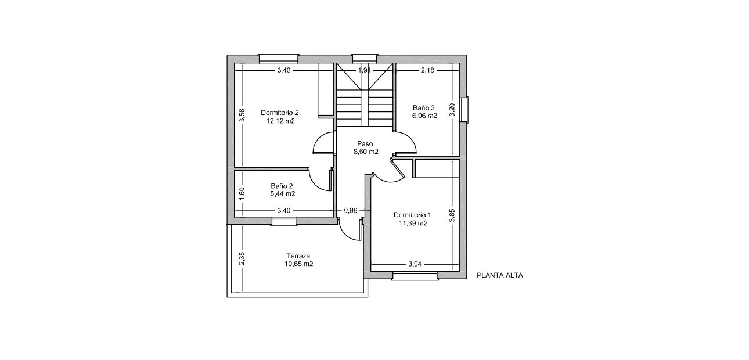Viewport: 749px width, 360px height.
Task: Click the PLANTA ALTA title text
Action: pyautogui.click(x=499, y=276)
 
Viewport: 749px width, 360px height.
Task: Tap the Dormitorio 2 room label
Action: pyautogui.click(x=279, y=113)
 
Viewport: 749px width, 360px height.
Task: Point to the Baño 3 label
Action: pyautogui.click(x=424, y=108)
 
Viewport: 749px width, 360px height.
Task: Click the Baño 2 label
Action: pyautogui.click(x=282, y=186)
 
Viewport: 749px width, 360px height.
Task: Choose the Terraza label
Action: pyautogui.click(x=298, y=255)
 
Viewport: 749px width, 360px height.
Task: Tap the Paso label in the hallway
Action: pyautogui.click(x=365, y=143)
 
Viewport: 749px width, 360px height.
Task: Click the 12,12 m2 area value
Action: pyautogui.click(x=280, y=121)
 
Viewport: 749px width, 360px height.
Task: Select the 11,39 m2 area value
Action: pyautogui.click(x=413, y=222)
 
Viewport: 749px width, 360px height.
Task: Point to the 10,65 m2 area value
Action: pyautogui.click(x=299, y=264)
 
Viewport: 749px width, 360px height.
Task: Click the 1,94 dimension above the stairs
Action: pyautogui.click(x=365, y=70)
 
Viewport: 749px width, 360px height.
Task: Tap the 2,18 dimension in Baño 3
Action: pyautogui.click(x=427, y=70)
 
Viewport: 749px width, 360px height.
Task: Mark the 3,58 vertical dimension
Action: pyautogui.click(x=243, y=116)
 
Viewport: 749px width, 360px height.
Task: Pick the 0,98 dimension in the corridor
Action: pyautogui.click(x=350, y=210)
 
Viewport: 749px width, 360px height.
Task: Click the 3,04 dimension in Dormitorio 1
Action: pyautogui.click(x=415, y=264)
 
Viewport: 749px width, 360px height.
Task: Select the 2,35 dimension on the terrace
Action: pyautogui.click(x=242, y=258)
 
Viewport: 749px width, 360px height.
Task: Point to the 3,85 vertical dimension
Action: pyautogui.click(x=453, y=215)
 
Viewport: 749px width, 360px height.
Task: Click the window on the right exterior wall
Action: pyautogui.click(x=464, y=109)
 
